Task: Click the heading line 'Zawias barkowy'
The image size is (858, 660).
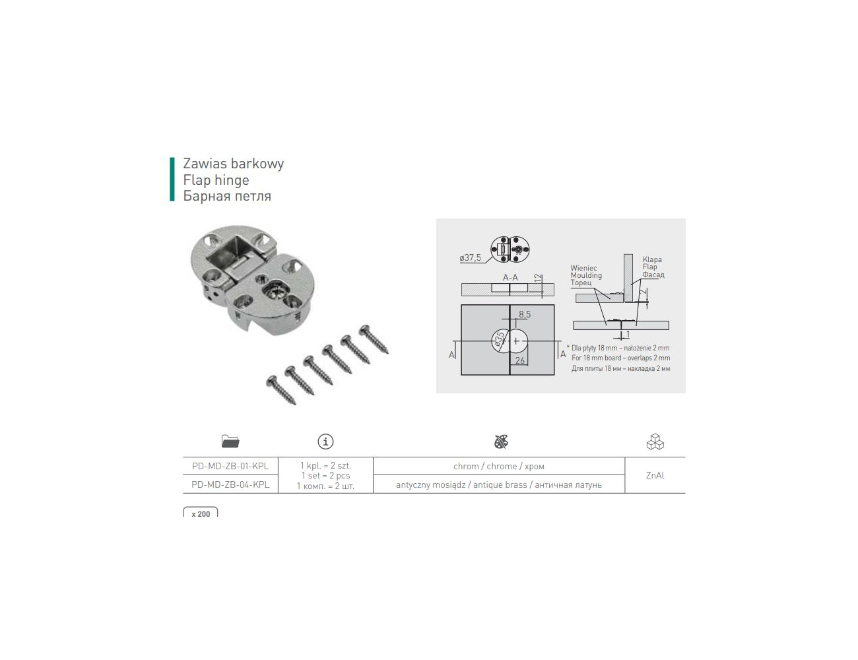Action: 233,164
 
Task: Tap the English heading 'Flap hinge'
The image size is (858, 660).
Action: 216,180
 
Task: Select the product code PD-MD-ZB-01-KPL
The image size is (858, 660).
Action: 230,466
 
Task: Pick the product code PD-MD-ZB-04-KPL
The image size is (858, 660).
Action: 230,484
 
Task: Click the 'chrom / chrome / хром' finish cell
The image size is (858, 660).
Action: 499,466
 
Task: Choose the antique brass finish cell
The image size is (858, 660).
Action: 499,484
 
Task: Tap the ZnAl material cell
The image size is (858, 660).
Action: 655,475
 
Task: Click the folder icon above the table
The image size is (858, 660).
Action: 230,442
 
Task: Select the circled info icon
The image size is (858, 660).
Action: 325,442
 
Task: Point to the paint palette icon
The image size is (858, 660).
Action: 501,442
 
